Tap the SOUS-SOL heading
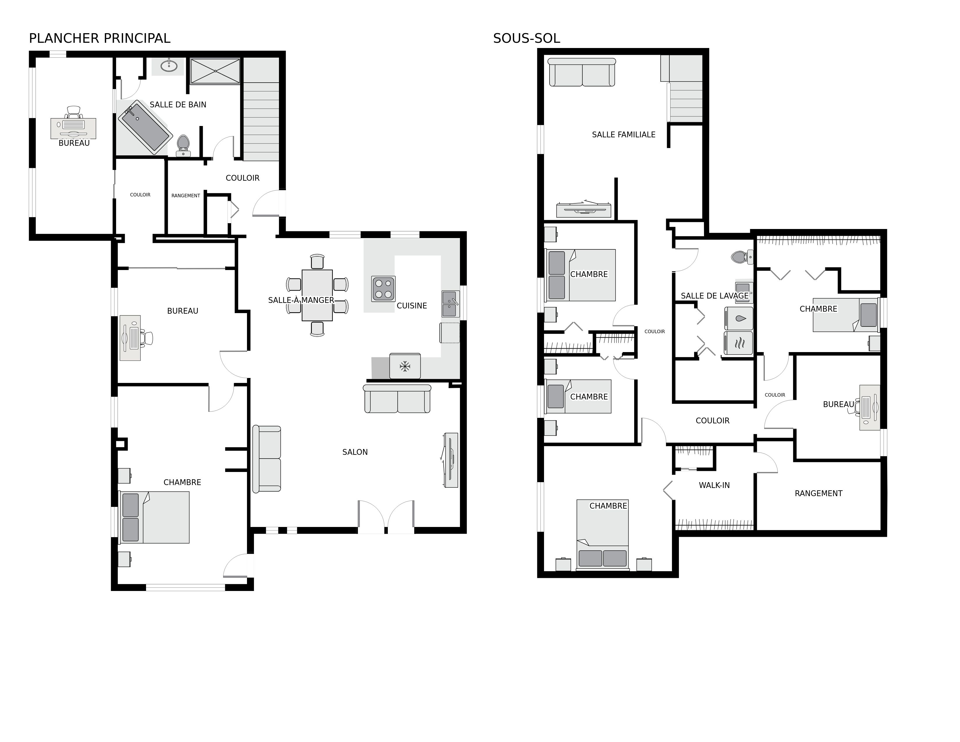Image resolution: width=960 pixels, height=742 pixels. [527, 39]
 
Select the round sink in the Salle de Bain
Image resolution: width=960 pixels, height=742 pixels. [169, 66]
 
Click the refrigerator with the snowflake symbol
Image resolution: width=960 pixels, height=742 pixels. [405, 366]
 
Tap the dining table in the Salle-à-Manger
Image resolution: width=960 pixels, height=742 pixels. [317, 295]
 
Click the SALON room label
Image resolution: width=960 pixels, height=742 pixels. [355, 452]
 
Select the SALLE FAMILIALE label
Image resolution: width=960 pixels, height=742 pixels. [623, 134]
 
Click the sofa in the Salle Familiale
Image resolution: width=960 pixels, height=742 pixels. [582, 72]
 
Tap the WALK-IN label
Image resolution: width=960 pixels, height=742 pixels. [714, 485]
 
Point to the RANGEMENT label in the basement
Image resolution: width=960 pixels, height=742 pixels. [818, 494]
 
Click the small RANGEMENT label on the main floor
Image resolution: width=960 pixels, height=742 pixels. [186, 196]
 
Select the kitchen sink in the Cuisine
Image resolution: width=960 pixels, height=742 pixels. [450, 304]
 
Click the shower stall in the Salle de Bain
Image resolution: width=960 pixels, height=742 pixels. [215, 71]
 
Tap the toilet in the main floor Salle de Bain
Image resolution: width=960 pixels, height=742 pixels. [183, 145]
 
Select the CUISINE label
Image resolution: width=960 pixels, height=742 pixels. [412, 306]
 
